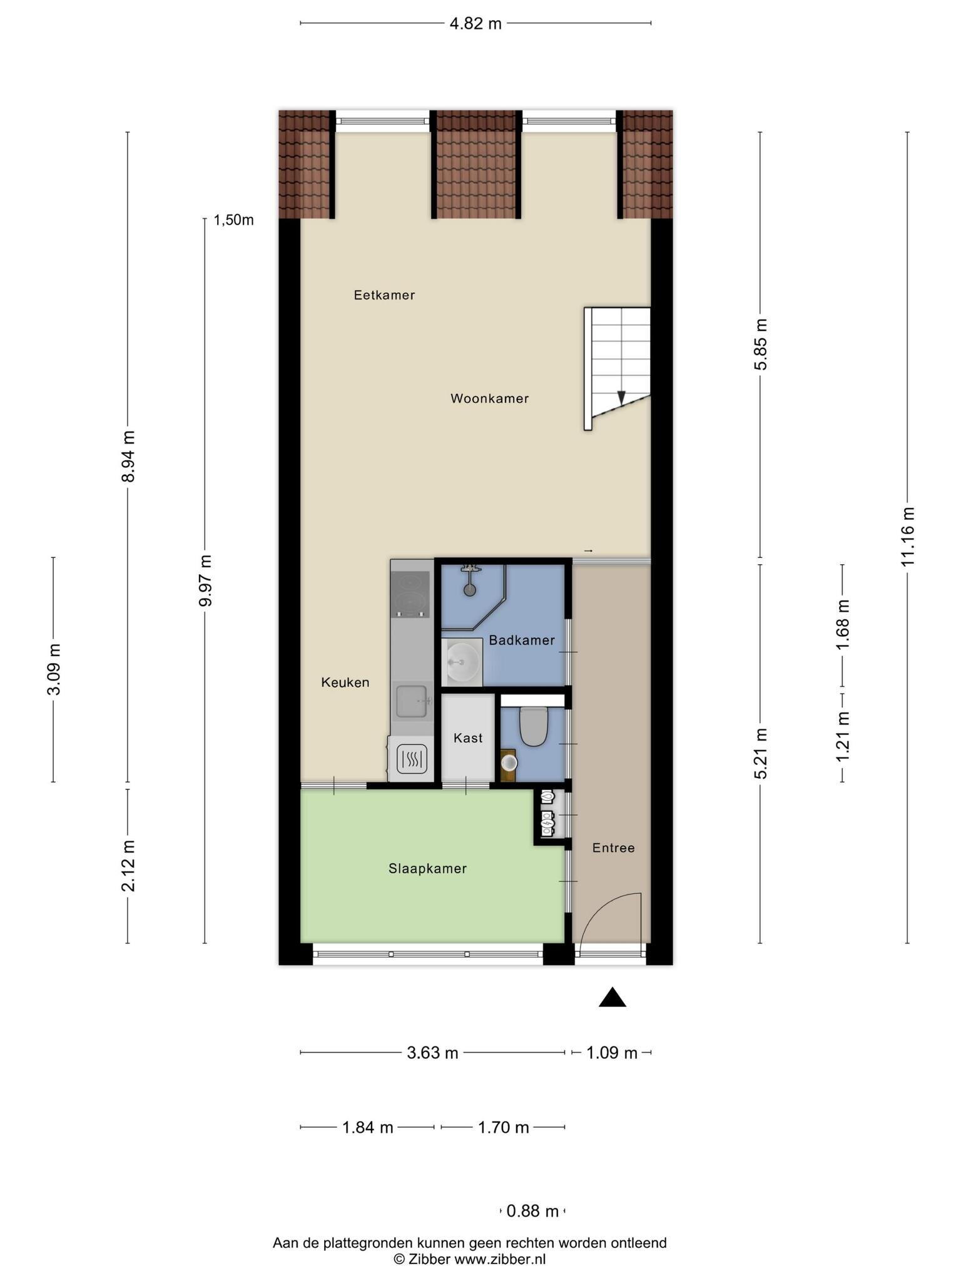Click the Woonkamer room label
489,398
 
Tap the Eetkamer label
384,295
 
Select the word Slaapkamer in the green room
427,869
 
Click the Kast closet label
468,738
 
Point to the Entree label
613,848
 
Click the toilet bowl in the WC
533,726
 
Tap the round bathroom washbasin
462,662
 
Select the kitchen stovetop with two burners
410,594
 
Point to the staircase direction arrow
621,398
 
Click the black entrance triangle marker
613,998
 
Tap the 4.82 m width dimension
475,24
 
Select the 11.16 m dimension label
908,537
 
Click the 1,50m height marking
234,220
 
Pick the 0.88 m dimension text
532,1211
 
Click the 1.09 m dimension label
611,1053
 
